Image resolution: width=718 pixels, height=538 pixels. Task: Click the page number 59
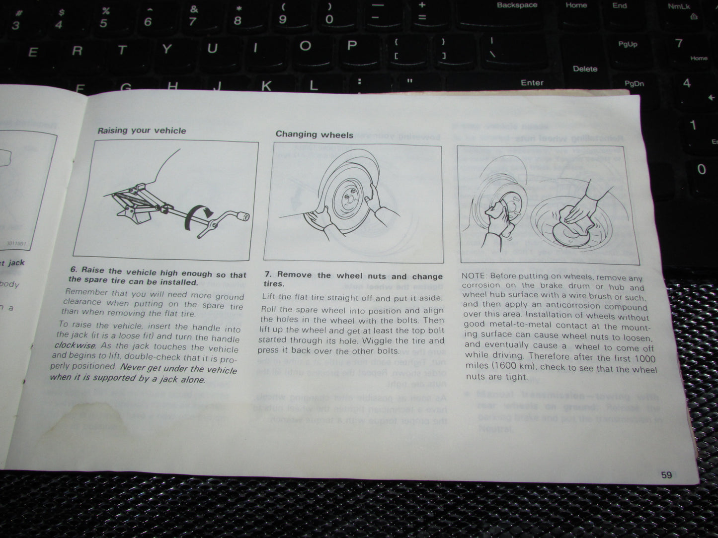tap(666, 475)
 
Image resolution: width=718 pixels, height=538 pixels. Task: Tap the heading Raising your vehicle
tap(142, 131)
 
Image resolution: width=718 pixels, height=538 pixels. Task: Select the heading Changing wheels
tap(315, 134)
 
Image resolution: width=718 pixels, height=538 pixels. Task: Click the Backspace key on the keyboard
tap(517, 5)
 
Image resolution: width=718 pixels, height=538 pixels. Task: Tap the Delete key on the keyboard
tap(585, 69)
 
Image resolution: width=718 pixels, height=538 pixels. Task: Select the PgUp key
tap(628, 44)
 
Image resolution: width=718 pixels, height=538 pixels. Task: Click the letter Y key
tap(166, 49)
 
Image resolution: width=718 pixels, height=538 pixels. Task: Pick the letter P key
tap(352, 46)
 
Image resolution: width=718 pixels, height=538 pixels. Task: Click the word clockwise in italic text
tap(75, 345)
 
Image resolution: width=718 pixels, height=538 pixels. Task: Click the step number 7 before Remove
tap(267, 274)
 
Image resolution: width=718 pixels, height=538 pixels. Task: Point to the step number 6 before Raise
tap(74, 270)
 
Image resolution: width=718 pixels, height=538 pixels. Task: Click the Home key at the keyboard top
tap(576, 5)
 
